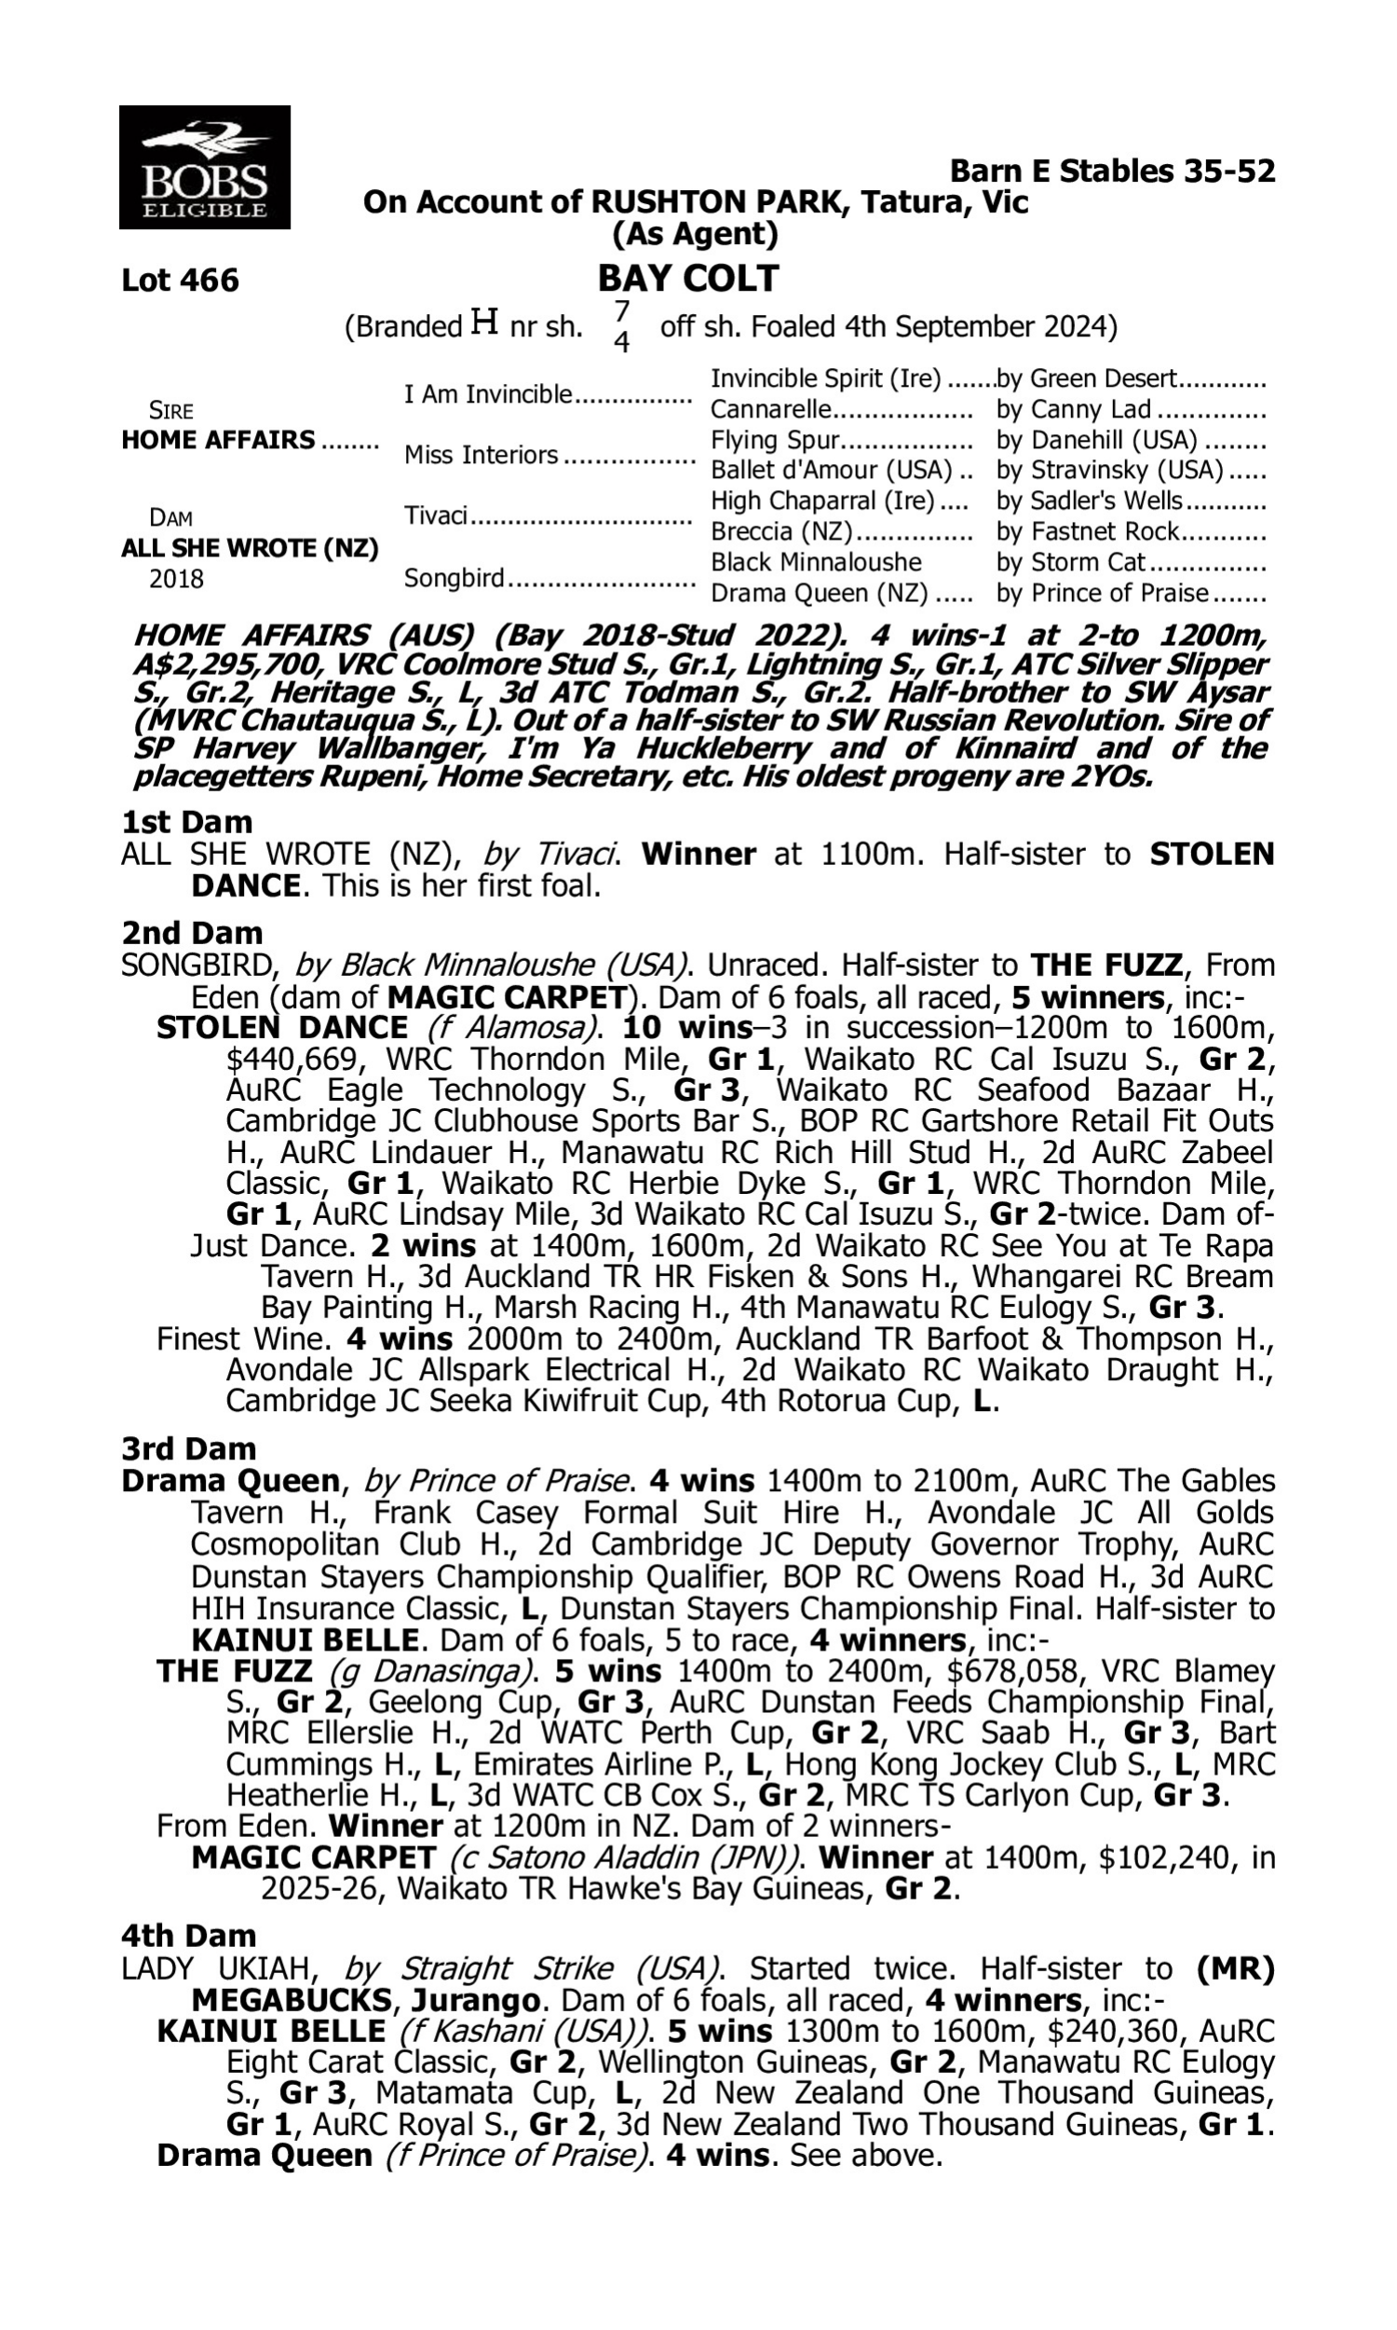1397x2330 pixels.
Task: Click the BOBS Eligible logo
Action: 204,168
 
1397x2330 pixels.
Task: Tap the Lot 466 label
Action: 180,281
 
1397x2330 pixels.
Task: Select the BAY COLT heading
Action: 688,279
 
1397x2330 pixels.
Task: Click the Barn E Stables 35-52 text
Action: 1112,171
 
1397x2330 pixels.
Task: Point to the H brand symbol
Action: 484,324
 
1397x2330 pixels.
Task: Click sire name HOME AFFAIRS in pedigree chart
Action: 219,440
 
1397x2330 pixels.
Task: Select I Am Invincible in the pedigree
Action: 488,393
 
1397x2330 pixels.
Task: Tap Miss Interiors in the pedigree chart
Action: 481,455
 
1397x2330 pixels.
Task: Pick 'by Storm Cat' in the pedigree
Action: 1070,562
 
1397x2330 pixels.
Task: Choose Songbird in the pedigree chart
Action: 454,577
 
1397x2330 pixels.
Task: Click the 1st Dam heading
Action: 186,822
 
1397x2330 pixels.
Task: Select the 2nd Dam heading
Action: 190,933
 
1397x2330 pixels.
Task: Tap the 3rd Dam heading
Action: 188,1448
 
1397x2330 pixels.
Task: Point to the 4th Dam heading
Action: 188,1936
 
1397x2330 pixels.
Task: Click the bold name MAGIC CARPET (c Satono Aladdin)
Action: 314,1858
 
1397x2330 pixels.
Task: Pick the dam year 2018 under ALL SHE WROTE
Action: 176,578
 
